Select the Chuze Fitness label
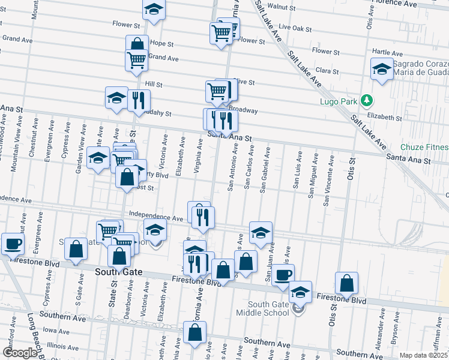425,147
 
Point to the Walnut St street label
286,7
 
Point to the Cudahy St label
157,113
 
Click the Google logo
19,353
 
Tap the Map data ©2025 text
424,355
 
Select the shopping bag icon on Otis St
347,283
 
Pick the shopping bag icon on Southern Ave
195,332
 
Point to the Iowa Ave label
56,330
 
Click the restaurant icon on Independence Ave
203,217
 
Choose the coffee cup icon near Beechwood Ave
13,244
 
